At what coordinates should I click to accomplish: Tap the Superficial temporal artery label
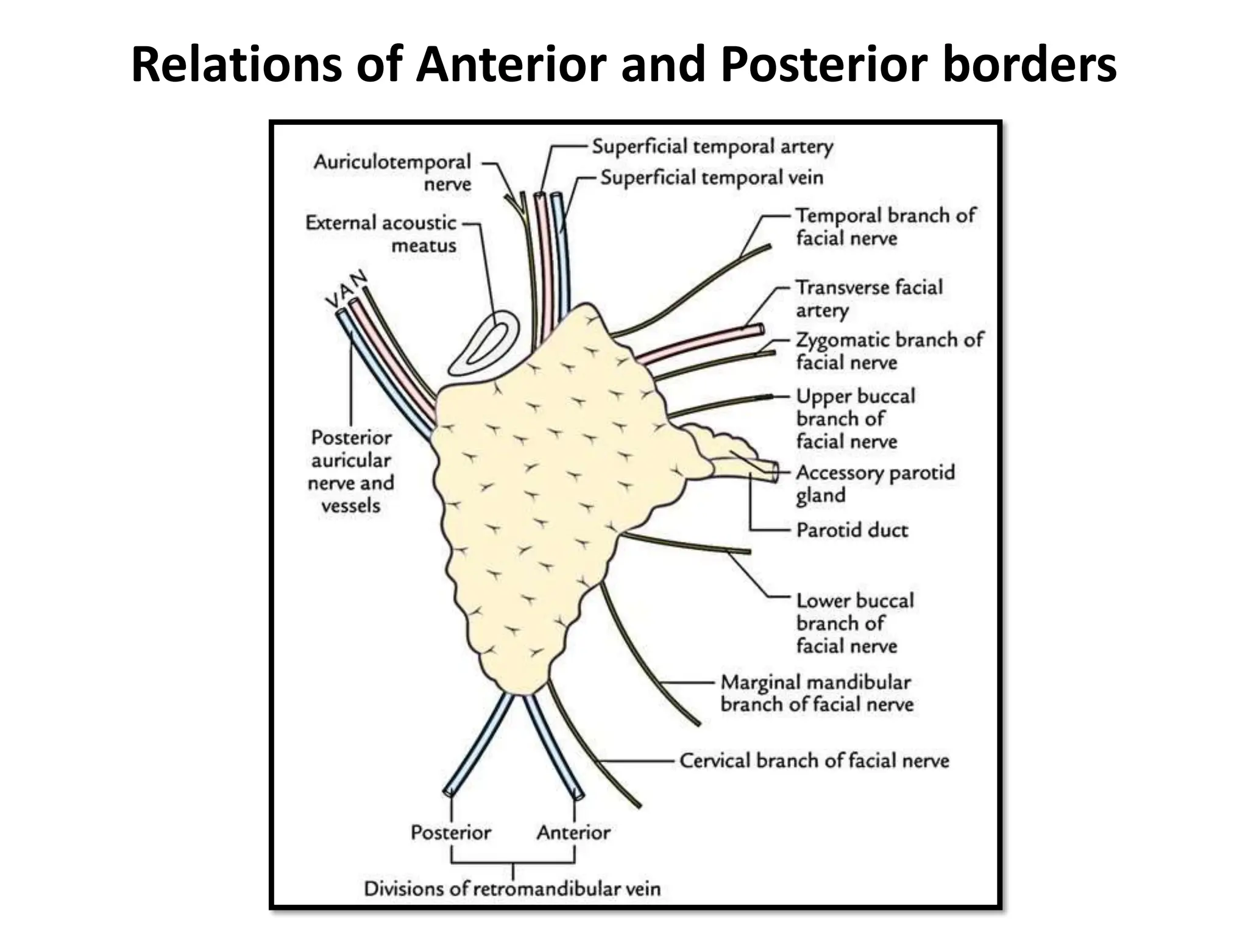click(x=712, y=147)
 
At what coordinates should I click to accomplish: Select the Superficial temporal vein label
click(x=712, y=178)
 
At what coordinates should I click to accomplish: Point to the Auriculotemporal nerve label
click(x=393, y=173)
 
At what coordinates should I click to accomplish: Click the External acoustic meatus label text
click(x=381, y=234)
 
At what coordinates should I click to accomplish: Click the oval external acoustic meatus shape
click(x=484, y=344)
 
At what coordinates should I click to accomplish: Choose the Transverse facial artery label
click(x=868, y=299)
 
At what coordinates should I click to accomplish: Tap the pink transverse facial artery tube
click(x=701, y=344)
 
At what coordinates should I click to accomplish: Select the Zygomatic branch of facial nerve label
click(x=889, y=351)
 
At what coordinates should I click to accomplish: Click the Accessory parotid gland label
click(x=874, y=484)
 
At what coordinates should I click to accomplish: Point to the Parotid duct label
click(x=852, y=530)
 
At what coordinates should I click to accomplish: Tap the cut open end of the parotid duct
click(x=773, y=472)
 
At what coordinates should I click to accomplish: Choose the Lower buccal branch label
click(x=854, y=623)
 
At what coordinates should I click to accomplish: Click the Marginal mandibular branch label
click(x=817, y=693)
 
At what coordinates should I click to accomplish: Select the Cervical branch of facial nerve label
click(x=814, y=760)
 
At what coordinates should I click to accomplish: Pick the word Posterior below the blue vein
click(x=450, y=832)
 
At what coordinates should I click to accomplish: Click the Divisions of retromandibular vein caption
click(x=512, y=888)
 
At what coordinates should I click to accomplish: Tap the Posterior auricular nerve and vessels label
click(x=351, y=472)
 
